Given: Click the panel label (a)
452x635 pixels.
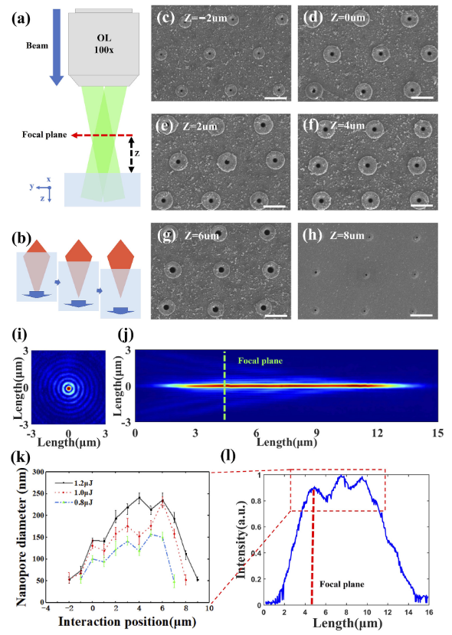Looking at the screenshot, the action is [21, 19].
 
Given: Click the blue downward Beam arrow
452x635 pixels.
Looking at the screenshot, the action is [56, 47].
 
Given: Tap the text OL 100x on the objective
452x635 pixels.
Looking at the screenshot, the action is [103, 44].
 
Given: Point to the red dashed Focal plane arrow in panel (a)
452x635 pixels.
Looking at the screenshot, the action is [102, 135].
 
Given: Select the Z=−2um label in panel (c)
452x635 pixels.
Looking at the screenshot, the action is [205, 18].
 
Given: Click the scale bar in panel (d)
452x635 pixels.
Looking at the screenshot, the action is [422, 97].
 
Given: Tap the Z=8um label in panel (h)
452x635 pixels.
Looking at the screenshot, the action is [347, 235].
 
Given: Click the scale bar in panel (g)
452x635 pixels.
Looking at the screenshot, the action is [276, 316].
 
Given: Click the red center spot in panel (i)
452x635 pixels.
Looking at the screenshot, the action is [68, 388].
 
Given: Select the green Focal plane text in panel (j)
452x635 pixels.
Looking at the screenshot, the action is [260, 361].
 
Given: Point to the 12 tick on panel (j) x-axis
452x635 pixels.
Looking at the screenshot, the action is [377, 433].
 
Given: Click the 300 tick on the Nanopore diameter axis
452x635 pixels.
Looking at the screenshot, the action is [38, 472].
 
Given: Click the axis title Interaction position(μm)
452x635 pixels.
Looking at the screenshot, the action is [127, 622].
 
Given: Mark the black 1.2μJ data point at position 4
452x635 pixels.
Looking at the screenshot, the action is [139, 498].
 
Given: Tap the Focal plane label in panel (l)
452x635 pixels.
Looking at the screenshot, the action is [342, 584].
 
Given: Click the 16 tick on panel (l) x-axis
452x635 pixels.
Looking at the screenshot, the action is [428, 612].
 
